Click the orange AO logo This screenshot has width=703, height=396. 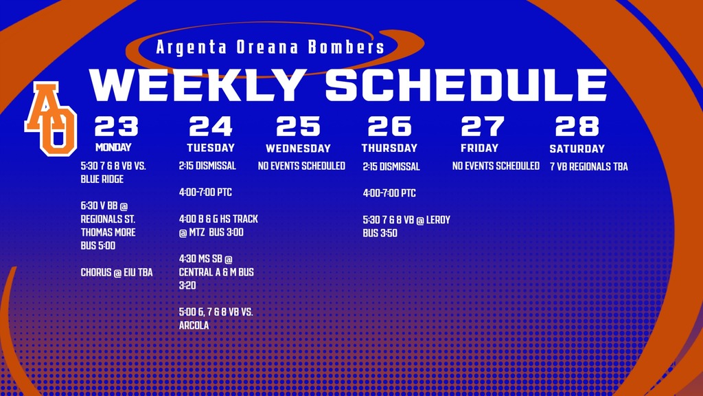coord(51,118)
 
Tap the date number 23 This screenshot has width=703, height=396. coord(117,126)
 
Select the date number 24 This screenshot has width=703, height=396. coord(211,126)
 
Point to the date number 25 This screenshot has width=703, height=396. coord(298,126)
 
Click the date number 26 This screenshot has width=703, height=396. coord(389,126)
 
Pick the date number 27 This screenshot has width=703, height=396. coord(482,126)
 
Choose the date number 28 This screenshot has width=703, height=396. coord(577,126)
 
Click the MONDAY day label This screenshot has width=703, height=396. coord(113,147)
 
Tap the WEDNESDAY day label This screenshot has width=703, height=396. coord(298,148)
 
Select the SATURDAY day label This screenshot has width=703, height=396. coord(577,148)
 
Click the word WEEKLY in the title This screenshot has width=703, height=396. coord(197,85)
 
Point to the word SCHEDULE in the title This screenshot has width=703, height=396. coord(466,85)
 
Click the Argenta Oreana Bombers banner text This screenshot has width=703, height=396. coord(270,48)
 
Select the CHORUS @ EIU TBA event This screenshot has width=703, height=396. coord(117,273)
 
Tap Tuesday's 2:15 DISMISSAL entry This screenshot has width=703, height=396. coord(207,166)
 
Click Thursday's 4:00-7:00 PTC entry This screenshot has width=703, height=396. coord(389,193)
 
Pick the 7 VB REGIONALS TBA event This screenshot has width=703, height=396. coord(588,166)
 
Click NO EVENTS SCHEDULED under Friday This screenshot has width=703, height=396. coord(496,166)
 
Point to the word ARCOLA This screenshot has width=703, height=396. coord(194,325)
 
